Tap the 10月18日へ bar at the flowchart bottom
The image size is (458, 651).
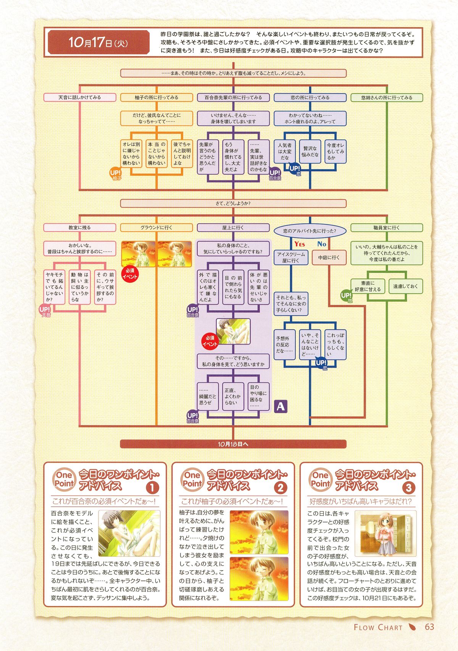[233, 444]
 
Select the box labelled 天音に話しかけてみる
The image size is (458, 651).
[80, 98]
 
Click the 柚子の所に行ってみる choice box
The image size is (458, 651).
[156, 98]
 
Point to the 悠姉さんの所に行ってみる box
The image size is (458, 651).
[387, 98]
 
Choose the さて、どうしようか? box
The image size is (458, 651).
[233, 203]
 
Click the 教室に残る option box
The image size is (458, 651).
[80, 227]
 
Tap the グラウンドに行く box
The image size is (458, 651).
[156, 227]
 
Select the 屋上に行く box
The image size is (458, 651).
[233, 227]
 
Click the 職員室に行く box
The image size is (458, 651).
[387, 227]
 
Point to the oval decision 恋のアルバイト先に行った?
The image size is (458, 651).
[310, 231]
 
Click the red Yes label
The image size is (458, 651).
[300, 244]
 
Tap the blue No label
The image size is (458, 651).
[322, 244]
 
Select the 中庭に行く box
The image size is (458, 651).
[329, 258]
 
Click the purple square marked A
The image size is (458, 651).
[281, 406]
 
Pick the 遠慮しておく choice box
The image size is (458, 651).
[406, 286]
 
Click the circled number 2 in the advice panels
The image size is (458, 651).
[281, 488]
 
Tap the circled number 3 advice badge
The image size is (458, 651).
[409, 488]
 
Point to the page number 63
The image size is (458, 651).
[430, 627]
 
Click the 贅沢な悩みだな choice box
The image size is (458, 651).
[310, 151]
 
